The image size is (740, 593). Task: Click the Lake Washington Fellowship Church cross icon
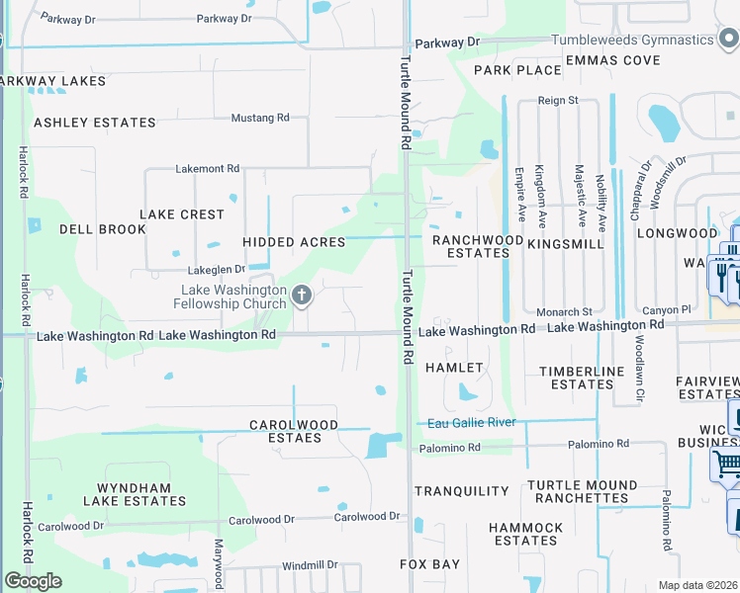point(303,295)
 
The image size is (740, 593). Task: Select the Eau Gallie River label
point(472,423)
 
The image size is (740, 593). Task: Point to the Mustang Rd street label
point(259,118)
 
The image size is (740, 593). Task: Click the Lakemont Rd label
point(208,169)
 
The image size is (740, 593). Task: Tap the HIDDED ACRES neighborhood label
point(294,242)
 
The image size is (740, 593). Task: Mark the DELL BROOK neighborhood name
point(103,229)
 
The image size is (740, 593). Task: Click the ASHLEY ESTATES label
point(95,123)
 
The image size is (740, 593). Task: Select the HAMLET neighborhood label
point(454,368)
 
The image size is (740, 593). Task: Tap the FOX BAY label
point(429,564)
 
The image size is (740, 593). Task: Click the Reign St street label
point(558,101)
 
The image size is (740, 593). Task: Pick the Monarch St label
point(564,311)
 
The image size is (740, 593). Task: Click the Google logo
point(33,581)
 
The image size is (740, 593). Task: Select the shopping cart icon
point(726,463)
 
